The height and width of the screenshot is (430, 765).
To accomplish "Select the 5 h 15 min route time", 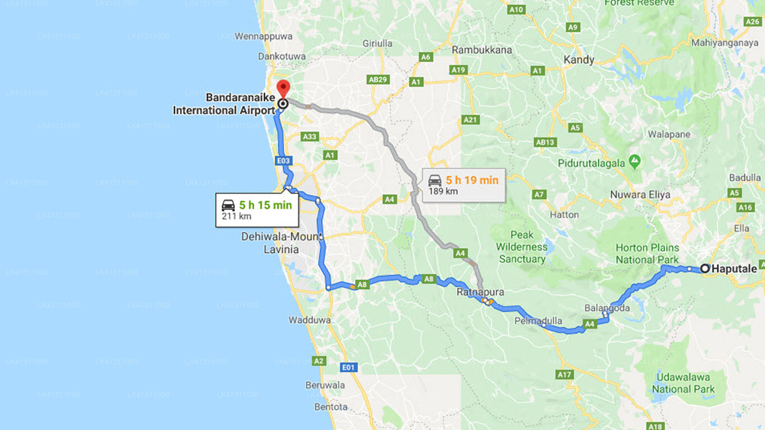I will click(x=265, y=205).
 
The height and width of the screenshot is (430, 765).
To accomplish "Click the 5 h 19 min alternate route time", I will click(x=472, y=180).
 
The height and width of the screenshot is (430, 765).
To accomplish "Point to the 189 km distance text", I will click(x=443, y=192).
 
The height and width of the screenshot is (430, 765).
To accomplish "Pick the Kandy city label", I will click(x=579, y=60).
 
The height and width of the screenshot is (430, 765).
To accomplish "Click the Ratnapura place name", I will click(x=481, y=292).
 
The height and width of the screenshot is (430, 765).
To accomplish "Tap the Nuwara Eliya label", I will click(x=640, y=195).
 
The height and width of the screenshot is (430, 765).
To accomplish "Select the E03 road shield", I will click(x=283, y=161).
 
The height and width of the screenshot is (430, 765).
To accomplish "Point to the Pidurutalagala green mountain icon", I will click(x=635, y=162).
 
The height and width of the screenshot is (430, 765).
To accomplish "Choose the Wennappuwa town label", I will click(x=264, y=36).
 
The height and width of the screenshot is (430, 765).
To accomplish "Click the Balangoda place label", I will click(x=607, y=308).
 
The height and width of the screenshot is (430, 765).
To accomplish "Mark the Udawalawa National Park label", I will click(x=683, y=383).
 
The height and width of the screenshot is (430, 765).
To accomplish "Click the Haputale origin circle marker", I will click(x=705, y=269).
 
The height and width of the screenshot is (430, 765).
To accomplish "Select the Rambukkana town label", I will click(x=482, y=50).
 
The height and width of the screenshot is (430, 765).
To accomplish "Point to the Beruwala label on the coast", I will click(x=325, y=385).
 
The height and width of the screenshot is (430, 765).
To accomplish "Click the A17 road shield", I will click(x=564, y=374).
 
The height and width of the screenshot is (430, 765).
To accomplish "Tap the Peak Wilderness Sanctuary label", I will click(x=522, y=247).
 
